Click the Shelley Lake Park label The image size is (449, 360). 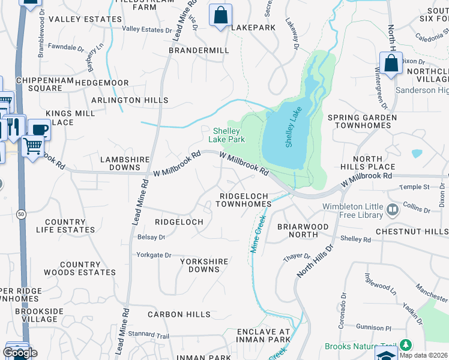(227, 135)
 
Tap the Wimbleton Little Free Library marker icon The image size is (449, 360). (393, 210)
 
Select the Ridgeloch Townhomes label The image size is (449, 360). (245, 200)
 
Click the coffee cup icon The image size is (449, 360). (40, 129)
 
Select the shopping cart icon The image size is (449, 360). (33, 145)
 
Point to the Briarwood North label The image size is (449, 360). (303, 230)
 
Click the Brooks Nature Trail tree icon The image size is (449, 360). (406, 345)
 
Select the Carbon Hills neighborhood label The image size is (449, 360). (179, 314)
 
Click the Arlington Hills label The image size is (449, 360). (130, 100)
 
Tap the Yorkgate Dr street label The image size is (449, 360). (154, 254)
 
